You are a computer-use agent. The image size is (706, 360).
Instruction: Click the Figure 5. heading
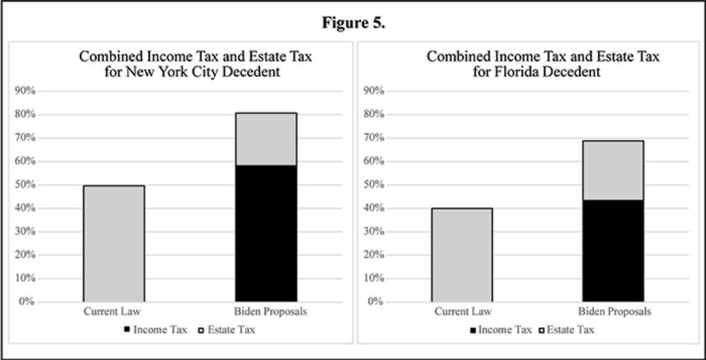coord(353,22)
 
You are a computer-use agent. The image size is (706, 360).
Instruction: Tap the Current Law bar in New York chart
coord(114,243)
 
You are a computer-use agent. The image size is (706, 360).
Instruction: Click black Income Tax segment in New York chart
coord(266,233)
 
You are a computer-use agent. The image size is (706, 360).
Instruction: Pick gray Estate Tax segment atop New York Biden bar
coord(266,139)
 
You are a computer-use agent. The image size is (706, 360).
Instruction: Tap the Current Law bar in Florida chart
coord(461,255)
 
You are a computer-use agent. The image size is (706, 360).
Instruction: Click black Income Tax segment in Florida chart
coord(613,250)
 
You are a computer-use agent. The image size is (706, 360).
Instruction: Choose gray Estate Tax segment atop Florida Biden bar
coord(613,170)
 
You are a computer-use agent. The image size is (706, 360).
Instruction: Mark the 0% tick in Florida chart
coord(376,302)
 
